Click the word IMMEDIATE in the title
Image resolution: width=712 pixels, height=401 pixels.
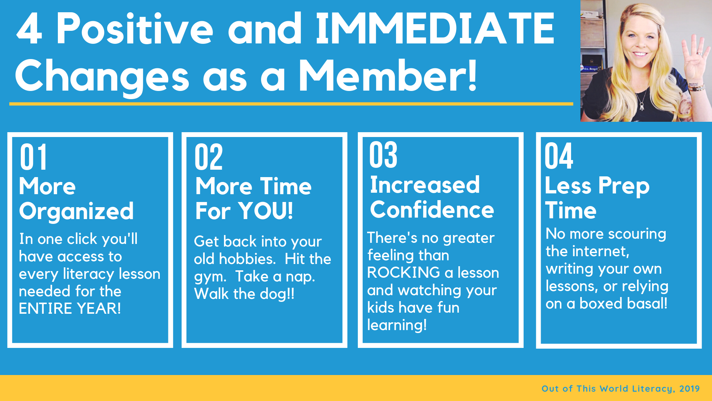(x=435, y=29)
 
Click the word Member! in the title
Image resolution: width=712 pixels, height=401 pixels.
(x=388, y=76)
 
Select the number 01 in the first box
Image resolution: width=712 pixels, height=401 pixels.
(x=33, y=157)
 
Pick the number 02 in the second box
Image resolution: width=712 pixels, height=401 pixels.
(x=208, y=157)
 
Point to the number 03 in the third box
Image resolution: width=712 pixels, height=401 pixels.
(x=383, y=155)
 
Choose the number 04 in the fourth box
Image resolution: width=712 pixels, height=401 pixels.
(x=559, y=156)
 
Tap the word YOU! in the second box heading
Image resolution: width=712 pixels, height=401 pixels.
(x=266, y=211)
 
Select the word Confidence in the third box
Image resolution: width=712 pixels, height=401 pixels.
(x=432, y=210)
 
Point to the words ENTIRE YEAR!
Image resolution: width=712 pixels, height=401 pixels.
(x=70, y=309)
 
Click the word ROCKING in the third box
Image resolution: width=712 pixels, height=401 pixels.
(x=403, y=273)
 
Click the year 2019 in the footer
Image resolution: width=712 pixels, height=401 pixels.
(x=689, y=388)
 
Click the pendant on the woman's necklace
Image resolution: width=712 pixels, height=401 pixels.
(x=642, y=107)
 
